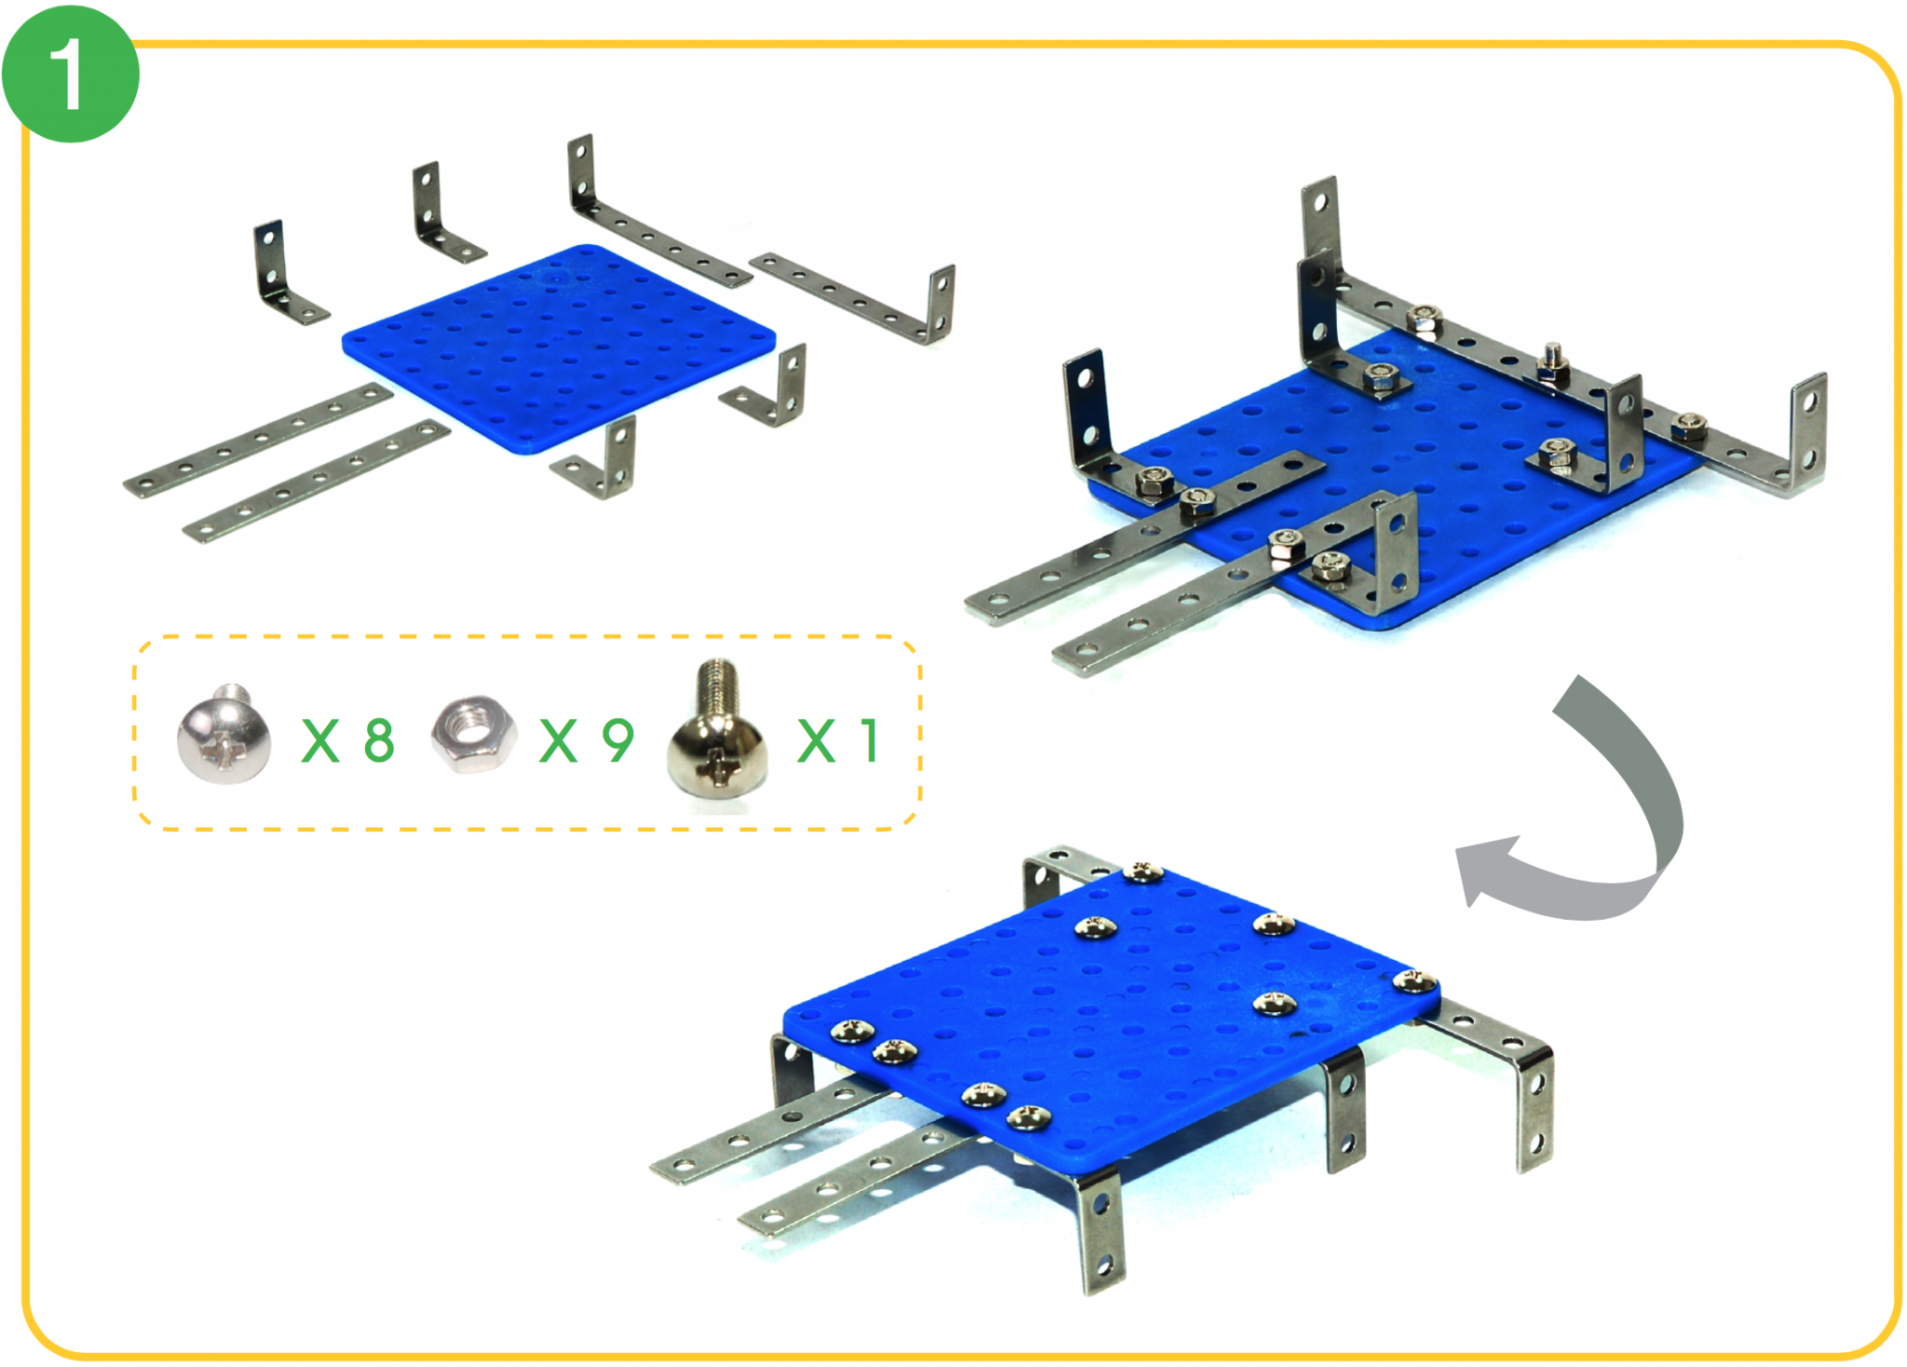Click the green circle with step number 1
pos(70,74)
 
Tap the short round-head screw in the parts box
pos(223,735)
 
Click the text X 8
pos(348,741)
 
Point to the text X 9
pos(587,741)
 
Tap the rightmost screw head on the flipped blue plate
pos(1414,980)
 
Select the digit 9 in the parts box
pos(618,741)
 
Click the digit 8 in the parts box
pos(379,741)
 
